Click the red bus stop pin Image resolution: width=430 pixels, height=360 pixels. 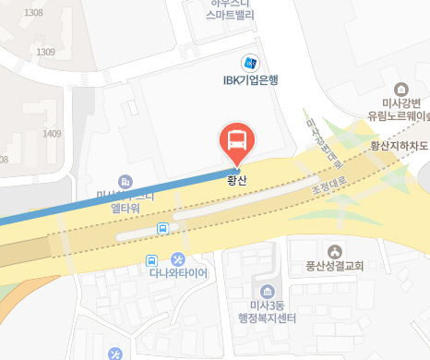coord(235,141)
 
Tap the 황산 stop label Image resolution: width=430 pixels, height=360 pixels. coord(239,181)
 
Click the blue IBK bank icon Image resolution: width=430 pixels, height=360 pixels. coord(249,63)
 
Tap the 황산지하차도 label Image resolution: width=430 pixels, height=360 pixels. coord(399,146)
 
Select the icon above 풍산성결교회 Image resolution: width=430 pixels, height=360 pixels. coord(334,250)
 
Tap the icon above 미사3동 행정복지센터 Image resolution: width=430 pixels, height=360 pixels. coord(268,289)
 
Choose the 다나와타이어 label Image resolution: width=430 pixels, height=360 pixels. coord(178,274)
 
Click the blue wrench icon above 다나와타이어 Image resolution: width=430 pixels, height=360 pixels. coord(179,259)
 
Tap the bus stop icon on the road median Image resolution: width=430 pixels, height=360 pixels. coord(163,228)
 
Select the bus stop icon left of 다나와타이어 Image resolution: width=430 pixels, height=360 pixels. coord(152,260)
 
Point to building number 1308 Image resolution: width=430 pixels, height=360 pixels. coord(34,13)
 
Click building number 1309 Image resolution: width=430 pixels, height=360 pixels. coord(44,52)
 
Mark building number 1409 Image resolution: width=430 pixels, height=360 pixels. coord(51,134)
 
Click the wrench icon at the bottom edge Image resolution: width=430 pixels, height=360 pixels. coord(115,353)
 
